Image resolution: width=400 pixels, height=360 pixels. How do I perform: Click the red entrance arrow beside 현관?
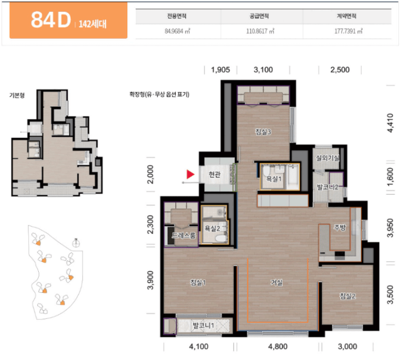tap(190, 175)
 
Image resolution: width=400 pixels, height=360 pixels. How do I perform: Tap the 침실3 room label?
tap(263, 132)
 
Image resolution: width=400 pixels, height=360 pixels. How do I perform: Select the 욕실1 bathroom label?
tap(274, 179)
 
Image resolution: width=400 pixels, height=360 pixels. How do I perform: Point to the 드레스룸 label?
tap(184, 235)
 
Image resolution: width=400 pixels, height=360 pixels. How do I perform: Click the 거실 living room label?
tap(277, 283)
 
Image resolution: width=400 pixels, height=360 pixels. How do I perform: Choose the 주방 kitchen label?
tap(340, 227)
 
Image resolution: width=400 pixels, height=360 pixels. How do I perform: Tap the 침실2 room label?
tap(347, 296)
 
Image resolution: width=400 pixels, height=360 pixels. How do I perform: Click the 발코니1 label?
tap(203, 325)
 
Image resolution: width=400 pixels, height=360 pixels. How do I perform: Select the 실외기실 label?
tap(327, 158)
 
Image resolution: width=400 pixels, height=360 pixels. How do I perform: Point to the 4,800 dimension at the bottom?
tap(278, 347)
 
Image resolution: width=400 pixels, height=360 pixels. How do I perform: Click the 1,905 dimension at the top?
tap(220, 70)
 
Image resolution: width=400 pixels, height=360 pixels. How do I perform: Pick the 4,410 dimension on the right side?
tap(390, 123)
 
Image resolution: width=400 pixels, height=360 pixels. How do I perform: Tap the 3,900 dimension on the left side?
tap(151, 280)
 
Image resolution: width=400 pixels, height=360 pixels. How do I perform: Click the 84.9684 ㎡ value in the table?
tap(178, 31)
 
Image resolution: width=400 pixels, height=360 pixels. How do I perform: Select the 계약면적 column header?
tap(346, 16)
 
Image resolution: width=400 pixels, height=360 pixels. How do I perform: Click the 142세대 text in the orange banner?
tap(92, 24)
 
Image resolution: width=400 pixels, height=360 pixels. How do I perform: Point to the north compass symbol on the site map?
tap(76, 243)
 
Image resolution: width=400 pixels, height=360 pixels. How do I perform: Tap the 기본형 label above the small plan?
tap(17, 95)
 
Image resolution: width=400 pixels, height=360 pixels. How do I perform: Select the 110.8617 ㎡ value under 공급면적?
tap(260, 31)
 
